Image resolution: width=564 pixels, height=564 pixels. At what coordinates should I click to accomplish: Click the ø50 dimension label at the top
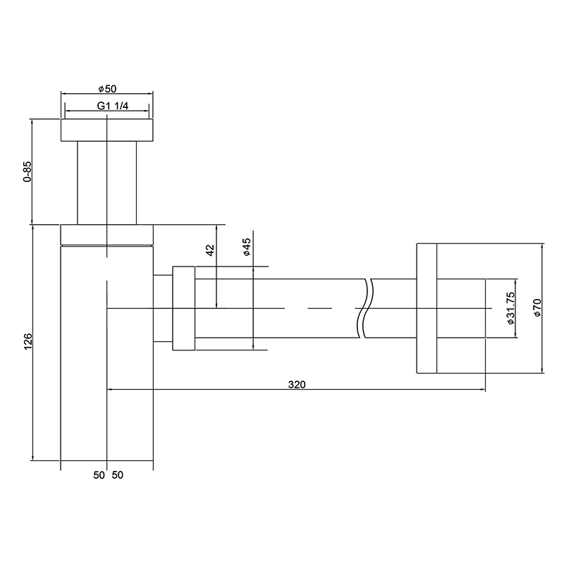click(x=106, y=89)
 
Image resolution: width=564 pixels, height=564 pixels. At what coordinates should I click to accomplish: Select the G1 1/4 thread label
click(x=106, y=106)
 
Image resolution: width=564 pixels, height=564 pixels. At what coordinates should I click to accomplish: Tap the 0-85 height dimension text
click(x=27, y=173)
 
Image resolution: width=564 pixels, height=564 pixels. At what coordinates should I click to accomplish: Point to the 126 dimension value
click(x=27, y=343)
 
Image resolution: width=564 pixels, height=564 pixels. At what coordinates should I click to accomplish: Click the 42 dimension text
click(x=209, y=252)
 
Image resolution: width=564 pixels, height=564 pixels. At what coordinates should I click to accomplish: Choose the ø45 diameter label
click(x=247, y=247)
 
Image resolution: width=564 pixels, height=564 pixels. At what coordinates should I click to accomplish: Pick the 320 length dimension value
click(x=296, y=384)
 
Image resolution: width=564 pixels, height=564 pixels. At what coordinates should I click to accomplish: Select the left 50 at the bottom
click(x=99, y=475)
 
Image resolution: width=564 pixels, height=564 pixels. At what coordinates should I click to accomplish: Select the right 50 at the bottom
click(x=117, y=475)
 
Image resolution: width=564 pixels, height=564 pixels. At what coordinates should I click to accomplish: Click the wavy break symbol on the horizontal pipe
click(x=365, y=307)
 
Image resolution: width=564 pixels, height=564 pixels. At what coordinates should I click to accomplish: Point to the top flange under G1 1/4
click(x=106, y=130)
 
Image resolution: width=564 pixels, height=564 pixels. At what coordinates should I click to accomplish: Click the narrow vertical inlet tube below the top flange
click(x=106, y=182)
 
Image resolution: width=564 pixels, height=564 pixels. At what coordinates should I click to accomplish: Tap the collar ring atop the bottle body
click(x=106, y=234)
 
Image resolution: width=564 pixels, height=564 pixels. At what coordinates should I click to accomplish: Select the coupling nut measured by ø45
click(x=183, y=307)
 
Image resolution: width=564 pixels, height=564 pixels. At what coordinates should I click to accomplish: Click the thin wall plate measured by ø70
click(x=427, y=307)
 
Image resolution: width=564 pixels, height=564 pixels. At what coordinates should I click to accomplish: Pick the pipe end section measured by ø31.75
click(x=461, y=307)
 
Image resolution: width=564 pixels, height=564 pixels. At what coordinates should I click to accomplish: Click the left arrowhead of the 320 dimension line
click(x=110, y=388)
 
